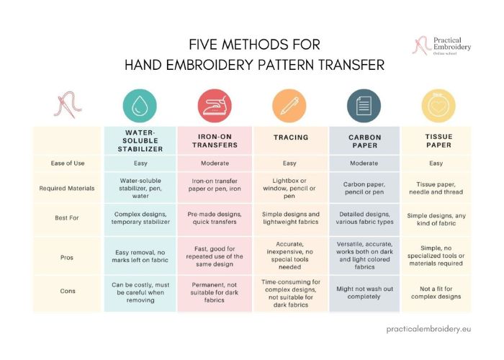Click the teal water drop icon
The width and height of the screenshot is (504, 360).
140,106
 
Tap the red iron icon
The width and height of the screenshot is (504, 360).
215,106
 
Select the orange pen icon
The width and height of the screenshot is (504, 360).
289,106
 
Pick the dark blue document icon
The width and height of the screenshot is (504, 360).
364,106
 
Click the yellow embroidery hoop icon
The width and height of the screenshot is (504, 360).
438,106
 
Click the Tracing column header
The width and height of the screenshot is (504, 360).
291,138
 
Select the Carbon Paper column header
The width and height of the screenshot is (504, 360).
365,141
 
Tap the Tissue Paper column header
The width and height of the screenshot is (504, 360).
438,141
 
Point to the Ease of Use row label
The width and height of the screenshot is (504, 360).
68,163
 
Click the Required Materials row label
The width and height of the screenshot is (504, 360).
67,189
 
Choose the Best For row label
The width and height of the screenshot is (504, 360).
67,217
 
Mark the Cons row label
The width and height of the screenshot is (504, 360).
68,291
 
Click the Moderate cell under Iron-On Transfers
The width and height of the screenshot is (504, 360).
215,163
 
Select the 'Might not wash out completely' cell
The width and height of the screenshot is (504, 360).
364,292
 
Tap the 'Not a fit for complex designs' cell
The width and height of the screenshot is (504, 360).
436,292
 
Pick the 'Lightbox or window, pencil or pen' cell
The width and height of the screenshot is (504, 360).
289,189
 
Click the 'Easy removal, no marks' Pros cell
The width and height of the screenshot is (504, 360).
140,256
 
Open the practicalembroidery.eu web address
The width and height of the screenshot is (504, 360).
428,329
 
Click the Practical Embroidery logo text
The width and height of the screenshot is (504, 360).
452,44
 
